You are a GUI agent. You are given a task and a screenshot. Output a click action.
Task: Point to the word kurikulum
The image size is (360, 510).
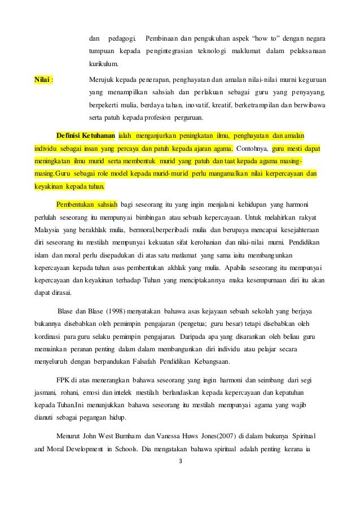pos(103,66)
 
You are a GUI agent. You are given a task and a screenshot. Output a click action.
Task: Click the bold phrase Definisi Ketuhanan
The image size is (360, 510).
pos(86,136)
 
